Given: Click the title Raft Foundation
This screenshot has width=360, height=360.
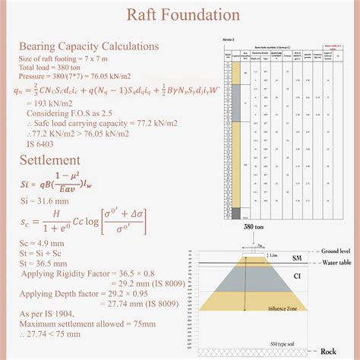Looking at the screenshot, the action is [180, 14].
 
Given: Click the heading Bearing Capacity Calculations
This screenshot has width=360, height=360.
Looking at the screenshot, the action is [88, 46].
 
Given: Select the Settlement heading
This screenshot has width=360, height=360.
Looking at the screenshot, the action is [49, 160].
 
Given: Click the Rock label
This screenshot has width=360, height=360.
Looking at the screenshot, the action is [327, 351].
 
